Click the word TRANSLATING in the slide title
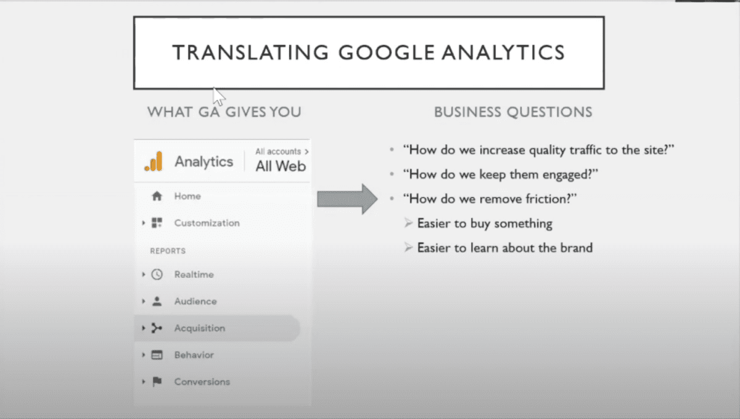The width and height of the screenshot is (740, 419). [250, 52]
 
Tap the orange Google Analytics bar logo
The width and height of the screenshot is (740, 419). [154, 162]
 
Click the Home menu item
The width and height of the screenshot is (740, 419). [187, 196]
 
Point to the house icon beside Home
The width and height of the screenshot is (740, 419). [157, 196]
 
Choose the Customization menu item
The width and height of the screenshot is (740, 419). [207, 223]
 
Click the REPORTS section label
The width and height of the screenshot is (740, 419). [168, 251]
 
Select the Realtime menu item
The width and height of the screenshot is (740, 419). [194, 275]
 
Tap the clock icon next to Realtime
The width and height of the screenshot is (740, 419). [157, 275]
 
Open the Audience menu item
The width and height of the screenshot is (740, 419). [195, 301]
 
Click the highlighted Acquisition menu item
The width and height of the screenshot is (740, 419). [199, 328]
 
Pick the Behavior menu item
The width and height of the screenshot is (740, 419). [194, 355]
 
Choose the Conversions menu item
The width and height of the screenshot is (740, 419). [202, 382]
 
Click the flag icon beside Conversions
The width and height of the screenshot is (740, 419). [157, 382]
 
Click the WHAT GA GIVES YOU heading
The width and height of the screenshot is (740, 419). [224, 112]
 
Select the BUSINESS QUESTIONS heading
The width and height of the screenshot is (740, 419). [513, 112]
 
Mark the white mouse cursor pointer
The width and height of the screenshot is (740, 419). [218, 96]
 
